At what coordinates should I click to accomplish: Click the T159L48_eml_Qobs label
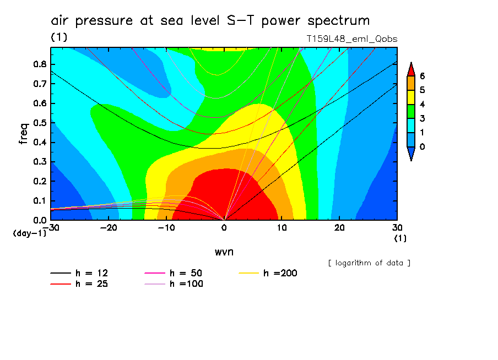(x=352, y=39)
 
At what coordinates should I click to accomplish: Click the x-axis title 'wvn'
(x=223, y=252)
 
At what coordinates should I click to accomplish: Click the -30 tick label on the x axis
(x=51, y=227)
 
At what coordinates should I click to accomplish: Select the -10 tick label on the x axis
(x=166, y=227)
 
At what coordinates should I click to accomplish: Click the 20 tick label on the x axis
(x=339, y=227)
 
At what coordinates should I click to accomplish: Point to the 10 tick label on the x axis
(x=282, y=227)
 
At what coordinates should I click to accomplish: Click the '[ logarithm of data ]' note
(x=369, y=263)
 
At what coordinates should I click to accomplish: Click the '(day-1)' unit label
(x=29, y=233)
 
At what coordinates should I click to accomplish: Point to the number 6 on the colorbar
(x=422, y=75)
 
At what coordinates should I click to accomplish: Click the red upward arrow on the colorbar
(x=410, y=69)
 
